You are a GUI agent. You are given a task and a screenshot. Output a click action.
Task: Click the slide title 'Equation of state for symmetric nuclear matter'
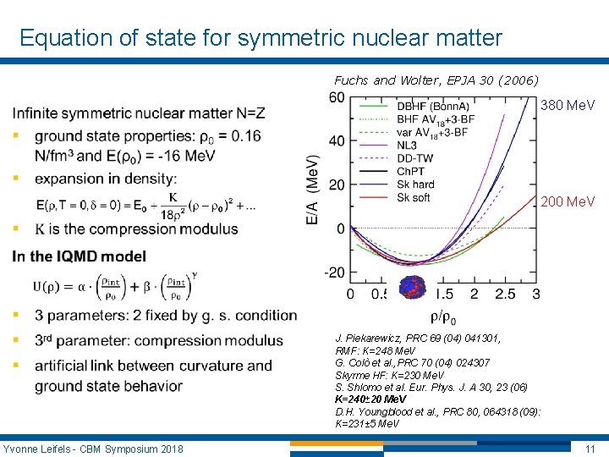(261, 38)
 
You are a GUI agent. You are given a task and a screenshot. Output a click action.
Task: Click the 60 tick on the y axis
(336, 97)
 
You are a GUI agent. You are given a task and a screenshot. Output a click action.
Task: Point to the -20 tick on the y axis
(335, 273)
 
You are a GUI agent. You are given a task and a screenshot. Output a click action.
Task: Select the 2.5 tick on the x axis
(505, 294)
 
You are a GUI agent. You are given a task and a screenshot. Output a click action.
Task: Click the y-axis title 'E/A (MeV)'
(312, 190)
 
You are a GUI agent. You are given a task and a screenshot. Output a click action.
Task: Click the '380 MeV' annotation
(568, 105)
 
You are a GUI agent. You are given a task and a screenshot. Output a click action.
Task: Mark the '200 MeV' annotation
(568, 201)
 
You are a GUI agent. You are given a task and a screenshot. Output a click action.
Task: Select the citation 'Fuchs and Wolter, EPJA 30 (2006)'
(436, 80)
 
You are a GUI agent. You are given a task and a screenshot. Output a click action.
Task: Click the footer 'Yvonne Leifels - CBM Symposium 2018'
(93, 448)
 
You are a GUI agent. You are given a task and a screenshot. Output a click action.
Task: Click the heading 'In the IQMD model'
(80, 256)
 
